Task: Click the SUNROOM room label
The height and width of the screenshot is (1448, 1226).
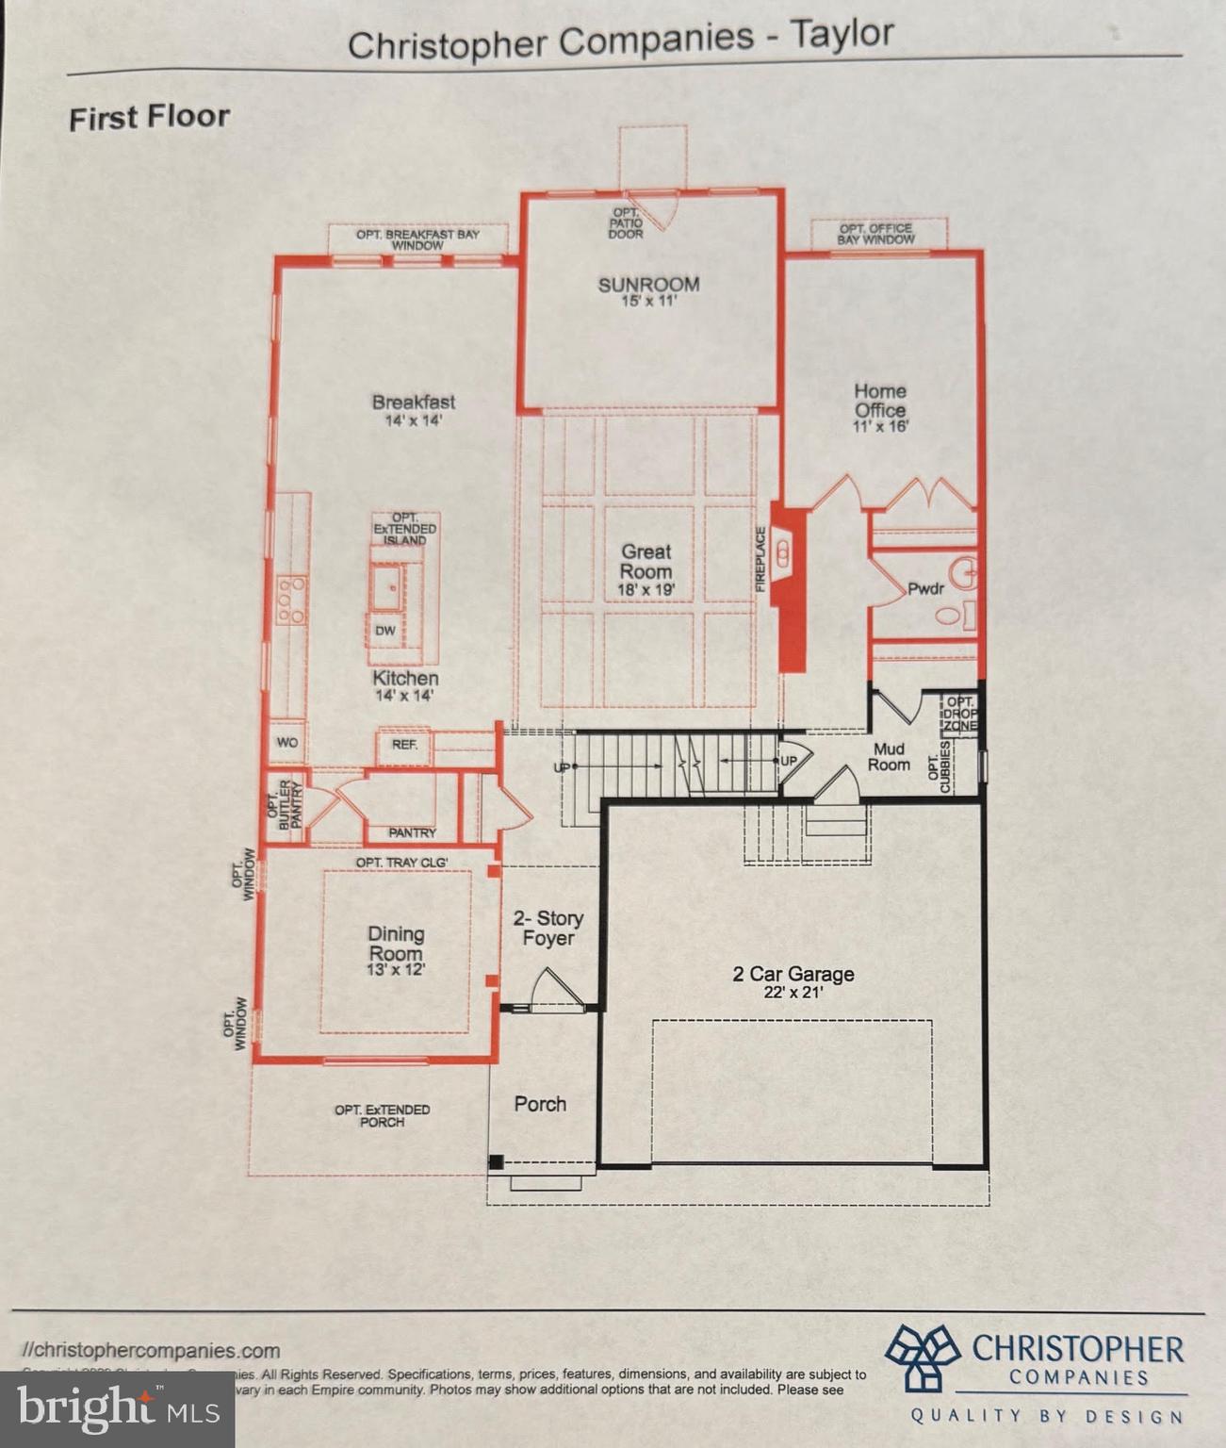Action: coord(648,285)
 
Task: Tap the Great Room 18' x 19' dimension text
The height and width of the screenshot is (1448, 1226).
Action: coord(646,591)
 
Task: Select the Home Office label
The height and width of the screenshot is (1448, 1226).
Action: coord(880,401)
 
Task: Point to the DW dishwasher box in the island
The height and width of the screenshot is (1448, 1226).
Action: coord(385,631)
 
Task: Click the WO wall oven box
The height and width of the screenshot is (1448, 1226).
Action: coord(287,743)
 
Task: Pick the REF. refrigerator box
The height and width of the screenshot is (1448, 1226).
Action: coord(404,745)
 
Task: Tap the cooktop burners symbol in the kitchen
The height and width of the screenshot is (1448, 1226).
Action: coord(291,601)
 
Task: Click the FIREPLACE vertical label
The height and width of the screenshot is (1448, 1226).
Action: coord(761,559)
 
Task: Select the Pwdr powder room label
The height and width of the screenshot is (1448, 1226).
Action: coord(924,589)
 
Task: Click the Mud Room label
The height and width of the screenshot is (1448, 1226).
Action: coord(889,757)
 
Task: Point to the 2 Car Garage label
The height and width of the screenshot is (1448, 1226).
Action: coord(793,974)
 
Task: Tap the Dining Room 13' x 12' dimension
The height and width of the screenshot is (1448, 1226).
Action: coord(396,969)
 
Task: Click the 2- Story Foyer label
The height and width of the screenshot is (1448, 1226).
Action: coord(548,928)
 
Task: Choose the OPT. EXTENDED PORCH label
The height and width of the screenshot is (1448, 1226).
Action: coord(382,1115)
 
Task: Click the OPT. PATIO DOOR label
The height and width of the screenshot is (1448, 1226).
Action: coord(625,223)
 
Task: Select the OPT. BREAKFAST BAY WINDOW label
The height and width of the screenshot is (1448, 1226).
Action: coord(417,239)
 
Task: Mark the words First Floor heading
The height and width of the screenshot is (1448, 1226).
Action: coord(149,118)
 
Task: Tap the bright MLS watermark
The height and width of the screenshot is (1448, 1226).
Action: coord(117,1409)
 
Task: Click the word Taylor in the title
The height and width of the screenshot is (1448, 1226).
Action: coord(842,35)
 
